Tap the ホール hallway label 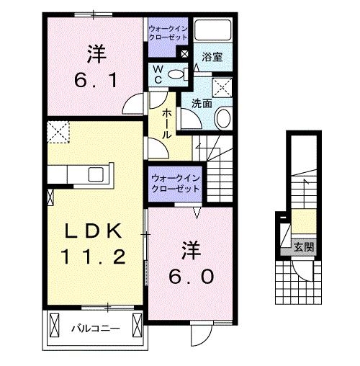tap(167, 122)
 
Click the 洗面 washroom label tap(201, 102)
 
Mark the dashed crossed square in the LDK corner tap(58, 132)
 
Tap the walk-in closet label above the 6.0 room tap(176, 183)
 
